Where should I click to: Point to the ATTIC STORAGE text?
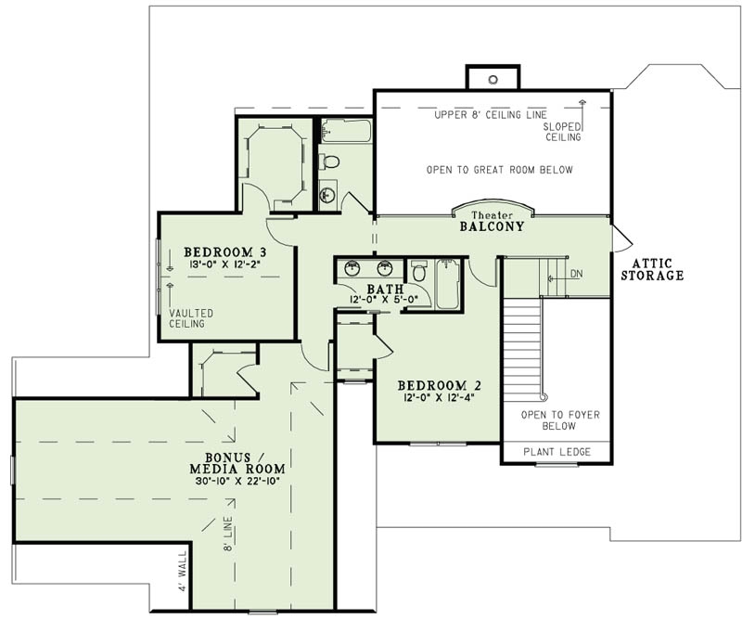[652, 269]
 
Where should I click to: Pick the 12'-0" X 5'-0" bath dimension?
[379, 300]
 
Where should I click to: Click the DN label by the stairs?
[577, 275]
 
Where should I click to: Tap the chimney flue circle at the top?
[493, 80]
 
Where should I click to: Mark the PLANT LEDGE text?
[556, 452]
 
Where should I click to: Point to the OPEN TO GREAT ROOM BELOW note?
[499, 170]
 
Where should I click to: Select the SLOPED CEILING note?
[563, 131]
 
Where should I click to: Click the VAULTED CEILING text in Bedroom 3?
[191, 319]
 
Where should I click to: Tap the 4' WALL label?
[183, 572]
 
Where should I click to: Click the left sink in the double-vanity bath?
[352, 269]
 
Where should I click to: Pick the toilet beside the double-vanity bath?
[419, 273]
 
